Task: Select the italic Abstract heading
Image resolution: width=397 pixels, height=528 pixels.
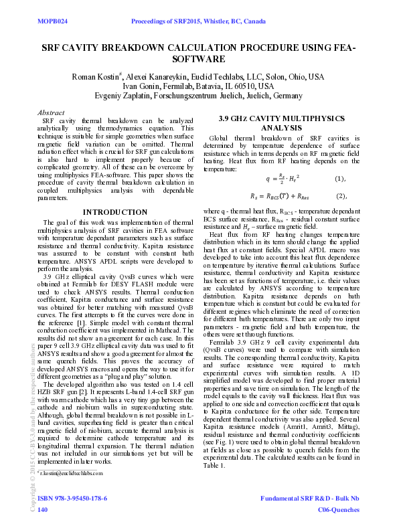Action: [x=52, y=113]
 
